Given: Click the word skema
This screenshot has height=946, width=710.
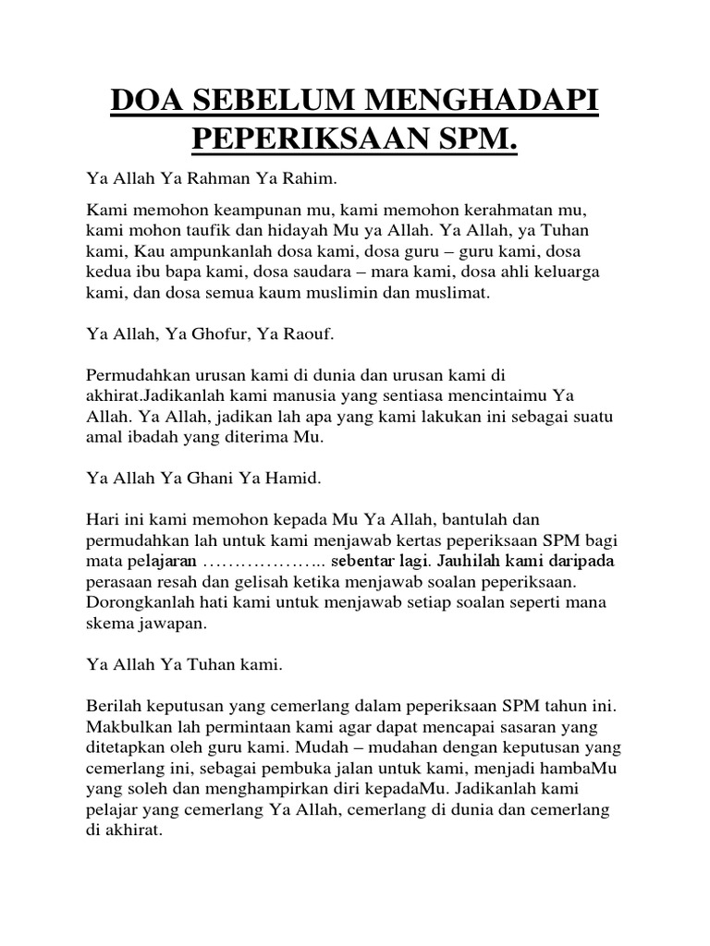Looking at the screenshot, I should click(108, 625).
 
